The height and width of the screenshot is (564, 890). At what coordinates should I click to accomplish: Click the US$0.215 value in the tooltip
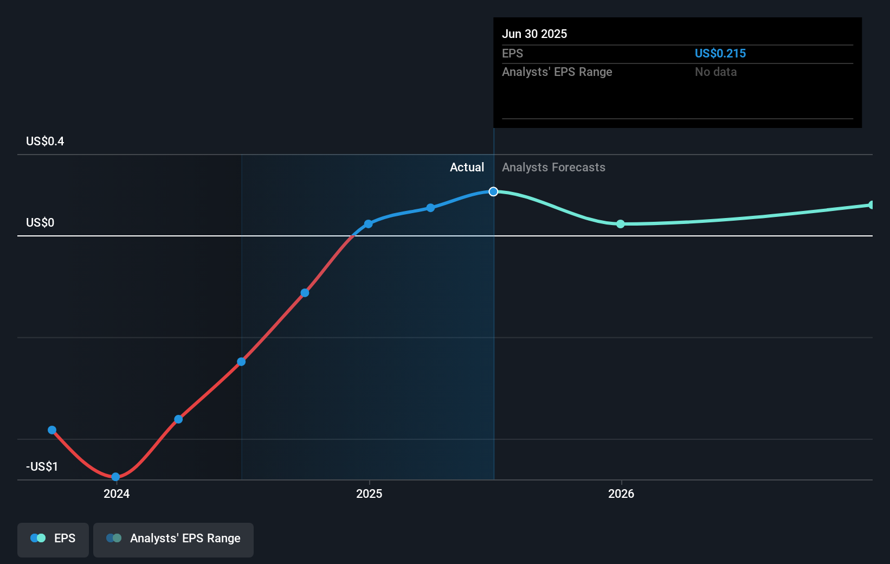(x=720, y=53)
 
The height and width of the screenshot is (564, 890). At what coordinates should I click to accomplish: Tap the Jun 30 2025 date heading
(x=534, y=34)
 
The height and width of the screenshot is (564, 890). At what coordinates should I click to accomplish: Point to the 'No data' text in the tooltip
(x=715, y=72)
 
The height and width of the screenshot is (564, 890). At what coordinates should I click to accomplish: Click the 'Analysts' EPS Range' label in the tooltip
(x=557, y=72)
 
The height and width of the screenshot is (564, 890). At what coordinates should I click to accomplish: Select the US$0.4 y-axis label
(x=45, y=141)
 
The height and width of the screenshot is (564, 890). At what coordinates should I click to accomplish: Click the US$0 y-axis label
(x=40, y=222)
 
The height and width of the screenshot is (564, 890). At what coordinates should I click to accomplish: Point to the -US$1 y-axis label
(x=42, y=466)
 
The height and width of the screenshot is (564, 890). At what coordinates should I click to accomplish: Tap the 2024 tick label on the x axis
(x=117, y=493)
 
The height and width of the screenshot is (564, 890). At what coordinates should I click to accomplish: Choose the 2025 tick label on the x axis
(x=369, y=493)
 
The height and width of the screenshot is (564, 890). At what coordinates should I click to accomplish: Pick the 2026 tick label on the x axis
(x=621, y=493)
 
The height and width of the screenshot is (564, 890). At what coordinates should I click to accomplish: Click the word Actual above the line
(x=467, y=167)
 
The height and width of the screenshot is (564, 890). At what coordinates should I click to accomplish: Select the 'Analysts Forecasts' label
(x=553, y=167)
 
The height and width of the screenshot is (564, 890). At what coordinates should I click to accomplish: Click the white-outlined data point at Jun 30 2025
(x=493, y=191)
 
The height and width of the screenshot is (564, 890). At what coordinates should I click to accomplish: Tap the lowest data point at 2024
(x=115, y=477)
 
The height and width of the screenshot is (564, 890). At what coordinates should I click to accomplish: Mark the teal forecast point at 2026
(x=621, y=224)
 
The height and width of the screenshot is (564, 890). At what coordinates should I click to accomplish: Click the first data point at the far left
(x=52, y=430)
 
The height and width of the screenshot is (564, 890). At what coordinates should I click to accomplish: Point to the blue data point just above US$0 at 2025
(x=368, y=224)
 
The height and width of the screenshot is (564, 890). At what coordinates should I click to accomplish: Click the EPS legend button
(x=53, y=539)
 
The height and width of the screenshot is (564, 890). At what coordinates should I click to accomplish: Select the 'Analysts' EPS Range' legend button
(x=173, y=539)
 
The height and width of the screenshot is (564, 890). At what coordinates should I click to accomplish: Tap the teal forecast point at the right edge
(x=871, y=205)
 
